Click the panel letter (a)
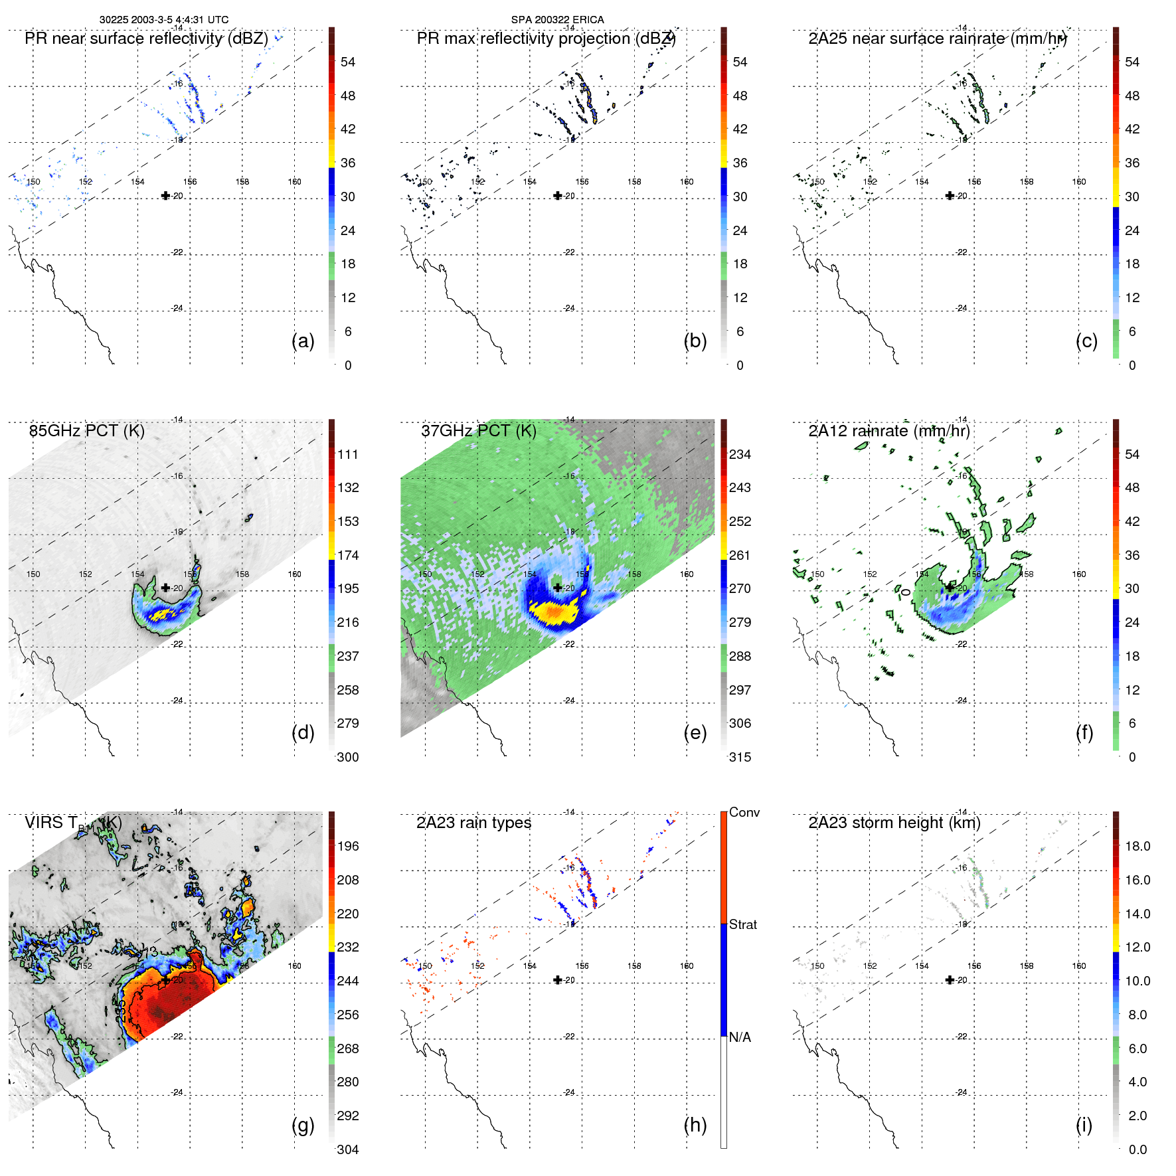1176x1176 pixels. point(303,341)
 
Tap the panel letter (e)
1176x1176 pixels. point(695,733)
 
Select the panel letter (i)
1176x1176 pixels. point(1084,1125)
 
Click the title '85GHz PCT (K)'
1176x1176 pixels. point(87,431)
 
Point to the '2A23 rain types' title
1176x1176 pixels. point(473,823)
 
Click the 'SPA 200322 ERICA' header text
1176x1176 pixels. point(557,20)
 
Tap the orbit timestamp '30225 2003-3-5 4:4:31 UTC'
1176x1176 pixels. point(164,20)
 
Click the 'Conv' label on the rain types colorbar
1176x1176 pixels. point(744,812)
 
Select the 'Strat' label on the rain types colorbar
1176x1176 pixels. point(742,924)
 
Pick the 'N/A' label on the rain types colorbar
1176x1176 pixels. point(740,1037)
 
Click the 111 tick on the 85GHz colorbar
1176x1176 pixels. point(348,454)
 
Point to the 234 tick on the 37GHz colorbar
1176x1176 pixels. point(740,454)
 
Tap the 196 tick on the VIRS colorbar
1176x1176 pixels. point(348,846)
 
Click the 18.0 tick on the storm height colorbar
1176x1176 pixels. point(1137,846)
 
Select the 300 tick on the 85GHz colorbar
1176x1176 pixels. point(348,757)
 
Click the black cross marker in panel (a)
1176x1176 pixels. point(165,195)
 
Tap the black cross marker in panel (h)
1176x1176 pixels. point(558,979)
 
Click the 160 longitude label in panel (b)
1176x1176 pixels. point(687,181)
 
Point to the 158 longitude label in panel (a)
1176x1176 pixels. point(242,181)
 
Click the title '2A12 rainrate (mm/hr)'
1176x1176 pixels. point(888,431)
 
